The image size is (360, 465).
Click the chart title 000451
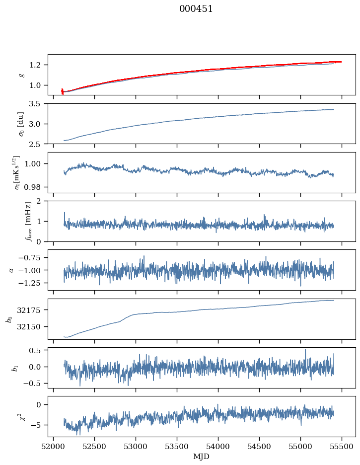tap(196, 9)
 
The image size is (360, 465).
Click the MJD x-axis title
tap(202, 456)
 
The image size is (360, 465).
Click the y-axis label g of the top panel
tap(21, 75)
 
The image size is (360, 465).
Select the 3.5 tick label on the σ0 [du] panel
tap(37, 104)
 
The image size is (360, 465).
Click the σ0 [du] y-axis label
tap(21, 123)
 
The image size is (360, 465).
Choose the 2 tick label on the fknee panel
tap(42, 201)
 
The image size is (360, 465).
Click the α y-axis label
tap(11, 269)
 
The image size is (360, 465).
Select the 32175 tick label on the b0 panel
tap(33, 310)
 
